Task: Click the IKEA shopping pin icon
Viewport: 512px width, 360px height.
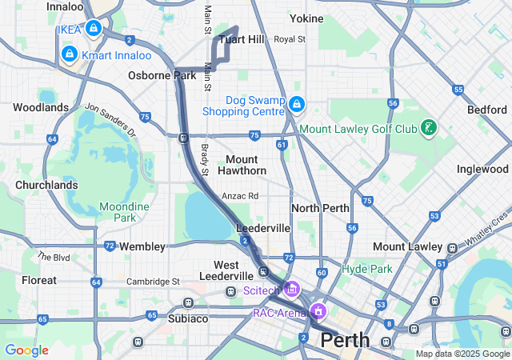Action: coord(94,29)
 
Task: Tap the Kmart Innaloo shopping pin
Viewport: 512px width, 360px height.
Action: coord(68,54)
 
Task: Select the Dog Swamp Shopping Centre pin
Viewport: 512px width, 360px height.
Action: coord(297,104)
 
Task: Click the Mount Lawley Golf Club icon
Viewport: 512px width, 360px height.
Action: coord(430,128)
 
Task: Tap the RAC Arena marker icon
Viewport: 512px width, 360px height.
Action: coord(318,311)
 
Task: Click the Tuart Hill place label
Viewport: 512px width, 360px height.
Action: coord(242,39)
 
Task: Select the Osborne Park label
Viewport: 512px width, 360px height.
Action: coord(162,76)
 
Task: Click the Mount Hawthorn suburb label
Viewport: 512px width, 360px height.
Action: coord(242,165)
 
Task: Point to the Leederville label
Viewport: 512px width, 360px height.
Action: coord(263,228)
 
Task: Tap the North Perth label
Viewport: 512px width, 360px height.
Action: coord(320,208)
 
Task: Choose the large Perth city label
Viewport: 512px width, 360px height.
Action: coord(345,340)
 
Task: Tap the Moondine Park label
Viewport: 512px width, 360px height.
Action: coord(124,212)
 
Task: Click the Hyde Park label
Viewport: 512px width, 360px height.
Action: coord(367,269)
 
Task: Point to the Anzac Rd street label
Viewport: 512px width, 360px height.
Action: coord(240,196)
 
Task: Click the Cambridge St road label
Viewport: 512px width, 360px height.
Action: coord(153,282)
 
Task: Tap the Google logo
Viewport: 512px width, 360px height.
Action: coord(26,350)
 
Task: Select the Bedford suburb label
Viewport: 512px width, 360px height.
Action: coord(487,108)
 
